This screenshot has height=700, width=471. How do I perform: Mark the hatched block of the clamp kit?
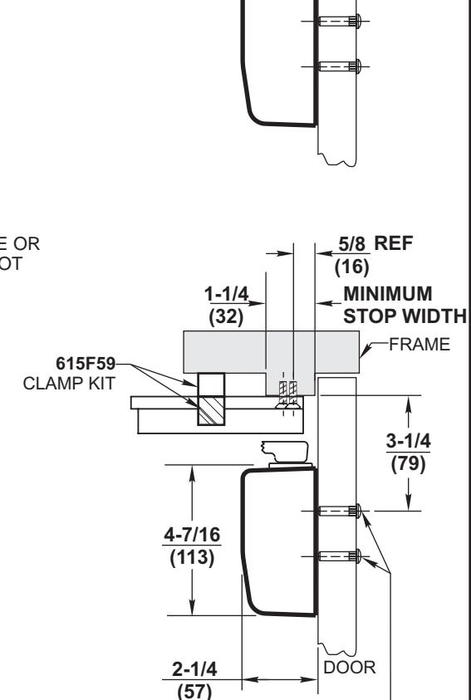(x=209, y=412)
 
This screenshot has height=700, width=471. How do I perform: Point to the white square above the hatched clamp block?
(x=210, y=384)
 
